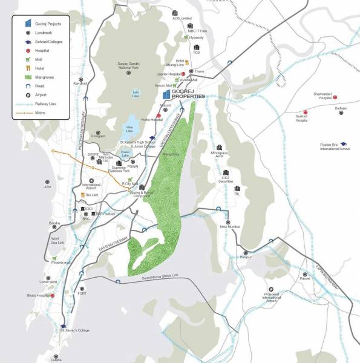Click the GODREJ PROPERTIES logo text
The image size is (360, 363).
tap(188, 94)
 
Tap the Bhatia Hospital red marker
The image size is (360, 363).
tap(53, 296)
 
